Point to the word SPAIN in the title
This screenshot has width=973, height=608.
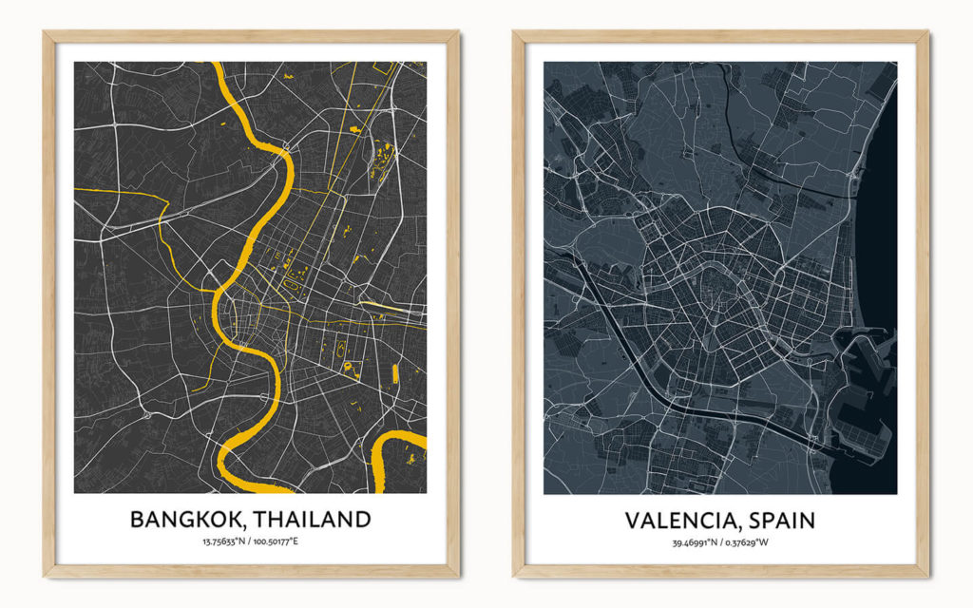781,521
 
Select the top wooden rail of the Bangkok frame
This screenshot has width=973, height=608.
251,36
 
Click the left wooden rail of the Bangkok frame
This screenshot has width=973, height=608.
48,304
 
